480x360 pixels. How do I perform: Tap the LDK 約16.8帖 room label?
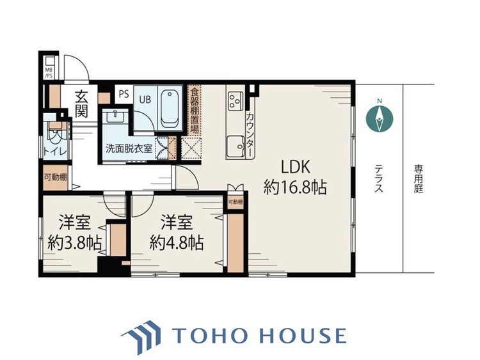[296, 177]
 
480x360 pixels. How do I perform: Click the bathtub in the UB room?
[170, 107]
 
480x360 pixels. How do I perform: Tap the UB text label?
[145, 98]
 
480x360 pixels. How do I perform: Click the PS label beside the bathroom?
[123, 94]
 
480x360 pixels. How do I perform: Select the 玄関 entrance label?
[82, 105]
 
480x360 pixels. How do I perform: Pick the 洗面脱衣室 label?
[129, 148]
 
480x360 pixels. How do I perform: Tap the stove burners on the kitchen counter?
[234, 100]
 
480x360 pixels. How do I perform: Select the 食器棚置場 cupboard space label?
[195, 110]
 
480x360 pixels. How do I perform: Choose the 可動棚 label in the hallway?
[54, 176]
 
